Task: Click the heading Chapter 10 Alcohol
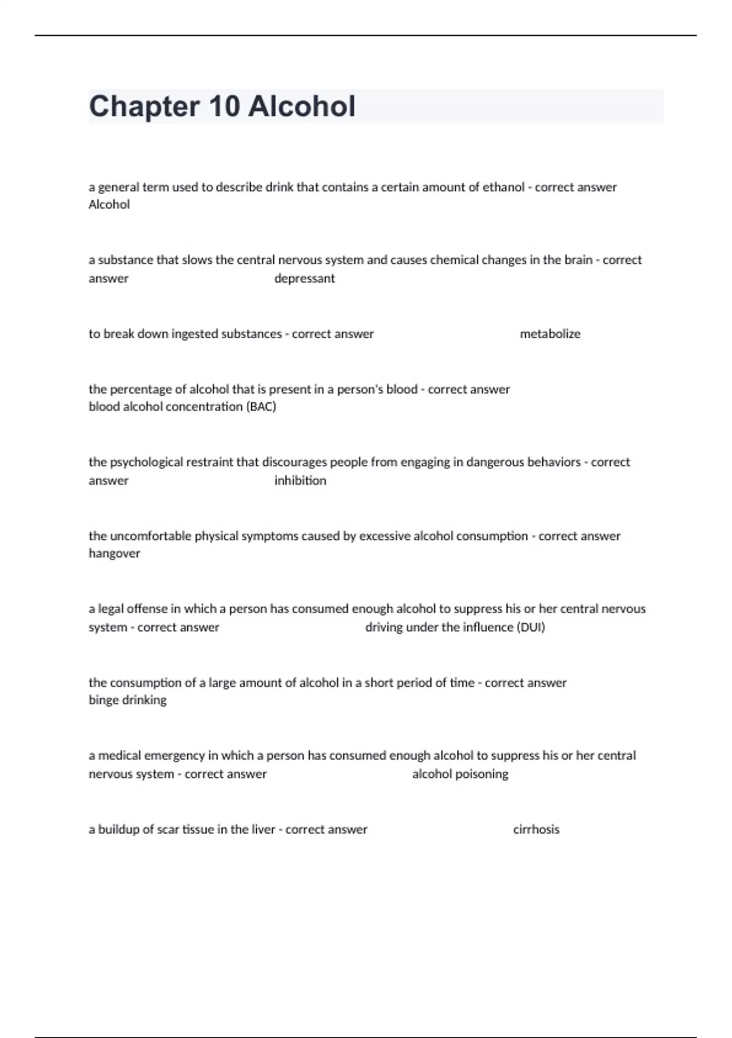click(222, 106)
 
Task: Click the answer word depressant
click(304, 278)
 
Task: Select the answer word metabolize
click(550, 334)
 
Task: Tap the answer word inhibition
click(300, 481)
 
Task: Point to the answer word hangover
click(114, 553)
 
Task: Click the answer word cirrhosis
click(536, 829)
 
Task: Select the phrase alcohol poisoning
click(460, 774)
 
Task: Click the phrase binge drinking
click(127, 700)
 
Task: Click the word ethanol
click(503, 187)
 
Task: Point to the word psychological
click(145, 462)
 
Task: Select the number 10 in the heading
click(224, 106)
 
